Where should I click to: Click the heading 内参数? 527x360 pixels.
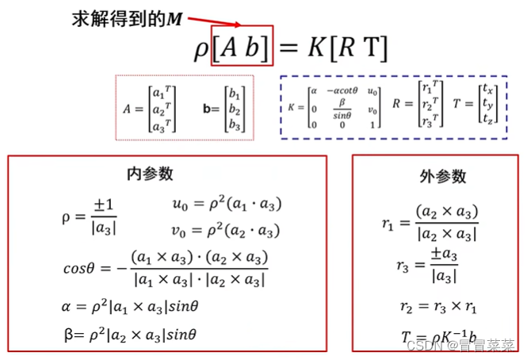(150, 174)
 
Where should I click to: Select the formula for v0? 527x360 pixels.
(227, 232)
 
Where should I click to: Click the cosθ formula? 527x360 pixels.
(166, 268)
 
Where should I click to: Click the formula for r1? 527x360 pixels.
(430, 223)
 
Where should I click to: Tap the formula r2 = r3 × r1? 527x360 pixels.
(432, 306)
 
